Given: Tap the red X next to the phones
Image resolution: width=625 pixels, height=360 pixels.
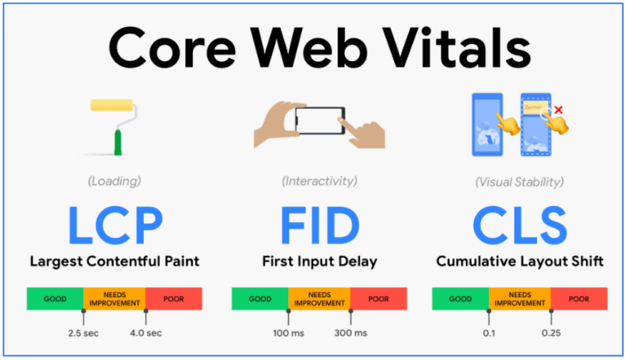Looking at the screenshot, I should click(558, 109).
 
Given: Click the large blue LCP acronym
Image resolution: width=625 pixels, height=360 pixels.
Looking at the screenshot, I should click(114, 227).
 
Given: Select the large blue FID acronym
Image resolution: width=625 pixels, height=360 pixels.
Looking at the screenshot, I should click(319, 227).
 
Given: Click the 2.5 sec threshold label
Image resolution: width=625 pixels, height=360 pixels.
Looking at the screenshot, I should click(84, 333).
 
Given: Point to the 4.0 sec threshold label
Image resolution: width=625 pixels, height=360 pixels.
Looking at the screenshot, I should click(146, 333).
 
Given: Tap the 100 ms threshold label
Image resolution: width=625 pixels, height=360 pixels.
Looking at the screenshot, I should click(289, 333).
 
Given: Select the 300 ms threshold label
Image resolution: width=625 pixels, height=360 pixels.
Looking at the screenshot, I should click(351, 333).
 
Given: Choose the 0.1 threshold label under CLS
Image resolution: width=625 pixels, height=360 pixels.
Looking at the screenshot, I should click(489, 333).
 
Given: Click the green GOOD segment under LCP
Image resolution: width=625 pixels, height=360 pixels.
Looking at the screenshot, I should click(55, 299).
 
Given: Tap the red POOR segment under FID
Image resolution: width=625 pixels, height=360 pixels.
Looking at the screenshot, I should click(379, 299).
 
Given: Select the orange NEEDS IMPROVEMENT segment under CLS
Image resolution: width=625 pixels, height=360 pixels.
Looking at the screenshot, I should click(520, 299).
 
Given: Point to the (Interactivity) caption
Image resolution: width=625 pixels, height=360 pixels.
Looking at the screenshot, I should click(319, 180).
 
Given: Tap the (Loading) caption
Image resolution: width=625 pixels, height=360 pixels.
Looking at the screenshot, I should click(114, 181).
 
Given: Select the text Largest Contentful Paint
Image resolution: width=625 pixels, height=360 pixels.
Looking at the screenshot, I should click(114, 261).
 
